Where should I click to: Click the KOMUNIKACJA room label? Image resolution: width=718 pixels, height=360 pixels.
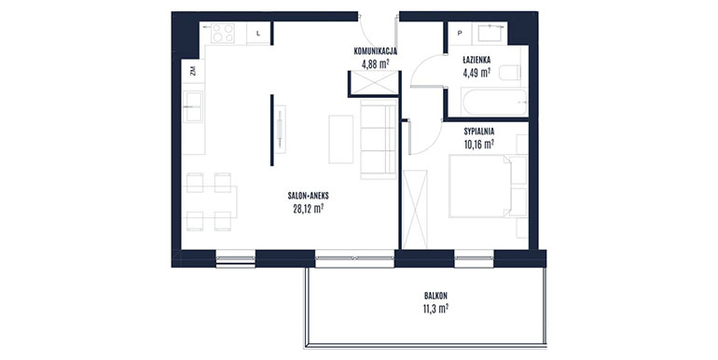point(376,51)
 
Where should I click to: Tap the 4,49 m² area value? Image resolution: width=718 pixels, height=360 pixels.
point(476,73)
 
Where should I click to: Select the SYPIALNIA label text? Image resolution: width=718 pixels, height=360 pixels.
point(479,132)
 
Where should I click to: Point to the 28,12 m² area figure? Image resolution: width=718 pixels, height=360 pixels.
point(309,209)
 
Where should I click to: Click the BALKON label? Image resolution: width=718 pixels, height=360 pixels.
point(435,296)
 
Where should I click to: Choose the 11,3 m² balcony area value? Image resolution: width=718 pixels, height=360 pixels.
point(435,309)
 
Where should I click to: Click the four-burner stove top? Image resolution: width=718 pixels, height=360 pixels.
point(223,34)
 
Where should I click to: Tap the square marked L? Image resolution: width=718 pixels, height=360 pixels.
point(258,33)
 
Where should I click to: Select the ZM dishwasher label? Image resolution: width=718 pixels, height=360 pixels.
point(193,71)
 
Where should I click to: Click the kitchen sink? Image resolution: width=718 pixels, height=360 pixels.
point(193,106)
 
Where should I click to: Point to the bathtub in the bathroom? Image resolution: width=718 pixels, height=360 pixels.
point(494,103)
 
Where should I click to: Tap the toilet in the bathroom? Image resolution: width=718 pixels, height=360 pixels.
point(510,73)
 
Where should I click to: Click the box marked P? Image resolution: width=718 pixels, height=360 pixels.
point(460,33)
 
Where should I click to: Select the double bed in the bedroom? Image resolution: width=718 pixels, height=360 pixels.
point(480,186)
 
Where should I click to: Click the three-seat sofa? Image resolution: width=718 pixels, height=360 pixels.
point(378,139)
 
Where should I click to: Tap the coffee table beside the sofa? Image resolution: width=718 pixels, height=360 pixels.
point(340,139)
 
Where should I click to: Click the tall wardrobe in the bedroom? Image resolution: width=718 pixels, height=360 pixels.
point(415,210)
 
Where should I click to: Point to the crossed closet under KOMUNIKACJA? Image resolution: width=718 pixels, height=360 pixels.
point(374,83)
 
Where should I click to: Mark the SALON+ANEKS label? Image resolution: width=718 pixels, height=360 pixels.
point(308,196)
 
